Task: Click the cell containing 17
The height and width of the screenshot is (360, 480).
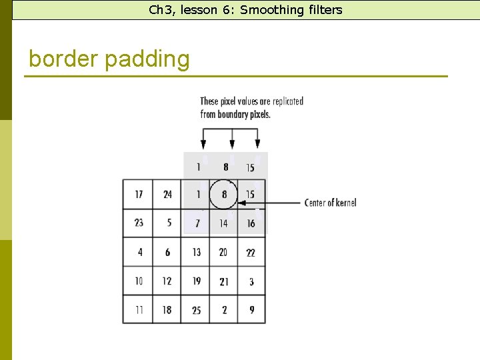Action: (138, 194)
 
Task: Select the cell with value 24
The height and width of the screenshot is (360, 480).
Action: (167, 194)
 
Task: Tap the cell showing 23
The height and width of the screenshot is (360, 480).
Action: (138, 223)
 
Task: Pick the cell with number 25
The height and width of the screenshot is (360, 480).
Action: (195, 309)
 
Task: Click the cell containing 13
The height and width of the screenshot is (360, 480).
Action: (195, 252)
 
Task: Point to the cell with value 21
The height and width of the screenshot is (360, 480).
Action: (223, 281)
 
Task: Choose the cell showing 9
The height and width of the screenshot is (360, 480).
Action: (251, 309)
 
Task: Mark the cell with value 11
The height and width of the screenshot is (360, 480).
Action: (138, 309)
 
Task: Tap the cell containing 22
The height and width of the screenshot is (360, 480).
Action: (251, 252)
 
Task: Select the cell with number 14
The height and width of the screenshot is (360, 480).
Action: (223, 223)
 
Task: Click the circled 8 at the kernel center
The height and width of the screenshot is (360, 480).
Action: (223, 194)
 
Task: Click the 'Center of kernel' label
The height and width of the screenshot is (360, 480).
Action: (330, 203)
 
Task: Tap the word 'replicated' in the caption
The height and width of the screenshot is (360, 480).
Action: (287, 101)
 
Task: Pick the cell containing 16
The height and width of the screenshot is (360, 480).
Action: (251, 223)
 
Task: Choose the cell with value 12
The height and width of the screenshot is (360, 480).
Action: (167, 281)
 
